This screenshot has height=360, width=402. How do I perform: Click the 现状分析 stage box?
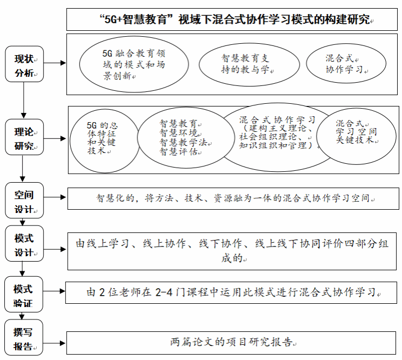24,64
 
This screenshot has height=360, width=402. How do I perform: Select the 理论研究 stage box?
24,137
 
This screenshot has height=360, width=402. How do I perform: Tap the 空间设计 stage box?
24,200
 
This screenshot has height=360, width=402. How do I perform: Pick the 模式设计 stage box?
24,244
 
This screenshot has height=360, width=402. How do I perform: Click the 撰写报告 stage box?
23,338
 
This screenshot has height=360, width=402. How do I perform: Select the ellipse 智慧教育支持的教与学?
242,63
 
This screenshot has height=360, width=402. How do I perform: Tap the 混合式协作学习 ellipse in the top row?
346,63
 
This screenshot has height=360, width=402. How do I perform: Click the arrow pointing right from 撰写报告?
54,342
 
